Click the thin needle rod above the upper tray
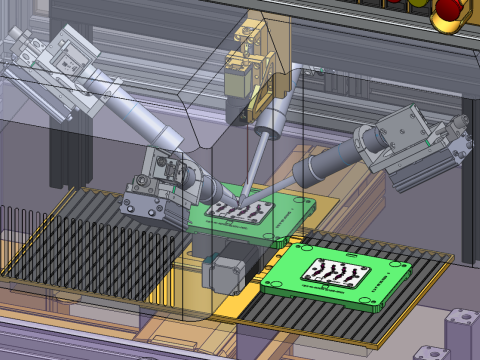[x=252, y=170]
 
